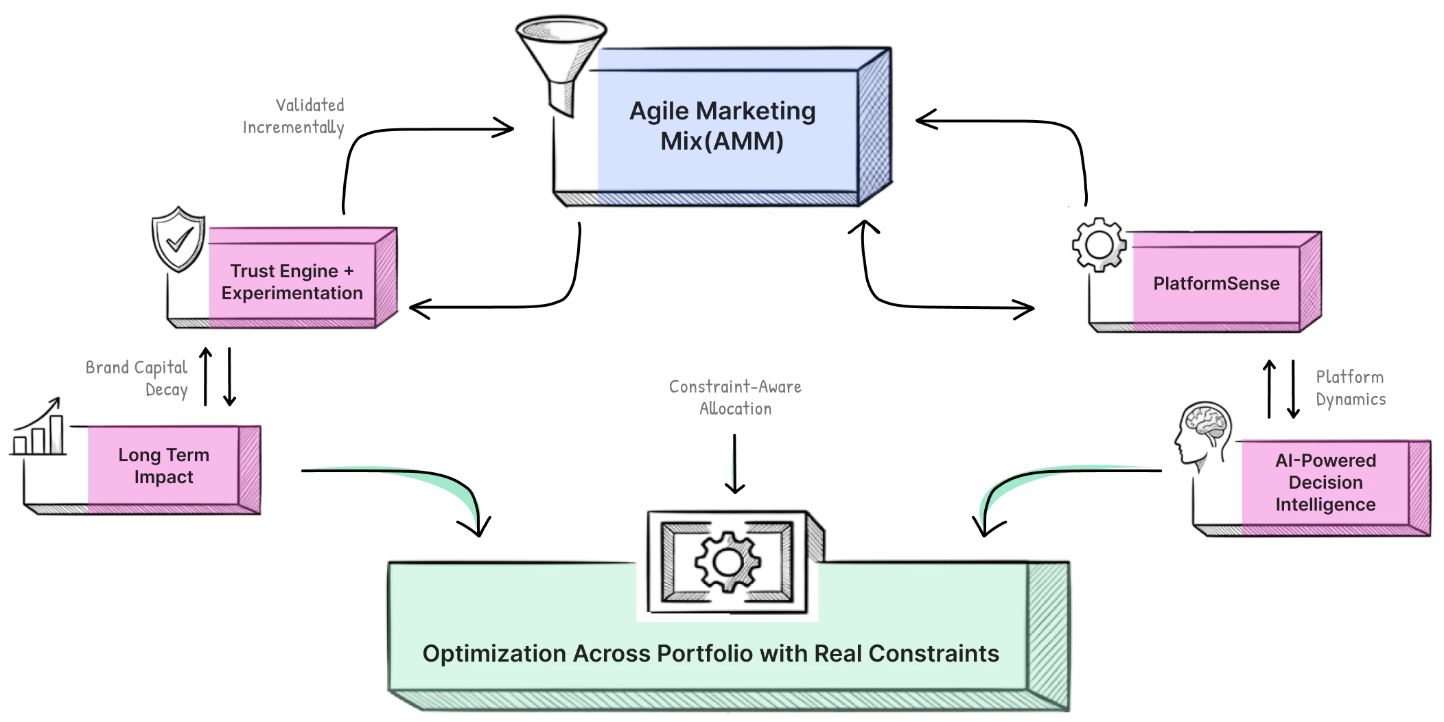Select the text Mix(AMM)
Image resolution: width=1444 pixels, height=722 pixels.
click(722, 141)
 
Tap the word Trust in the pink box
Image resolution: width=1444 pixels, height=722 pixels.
click(255, 271)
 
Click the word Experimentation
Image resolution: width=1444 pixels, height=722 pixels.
click(292, 293)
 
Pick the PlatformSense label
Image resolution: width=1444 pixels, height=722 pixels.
click(1216, 283)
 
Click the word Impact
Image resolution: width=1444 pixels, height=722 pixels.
click(163, 477)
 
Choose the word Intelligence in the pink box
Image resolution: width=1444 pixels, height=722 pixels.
click(1325, 504)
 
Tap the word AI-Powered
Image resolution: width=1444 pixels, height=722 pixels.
click(1325, 461)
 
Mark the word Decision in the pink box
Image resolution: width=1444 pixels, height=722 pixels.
click(1325, 482)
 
